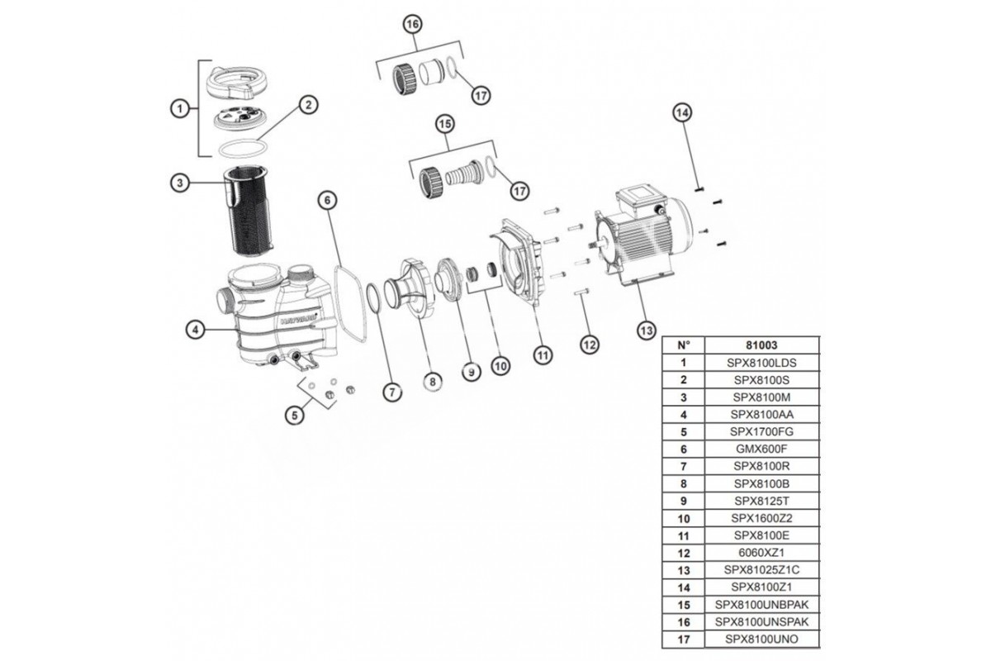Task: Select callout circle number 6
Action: (328, 200)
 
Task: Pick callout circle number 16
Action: (412, 26)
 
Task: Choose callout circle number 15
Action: (445, 125)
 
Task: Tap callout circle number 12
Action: (587, 343)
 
